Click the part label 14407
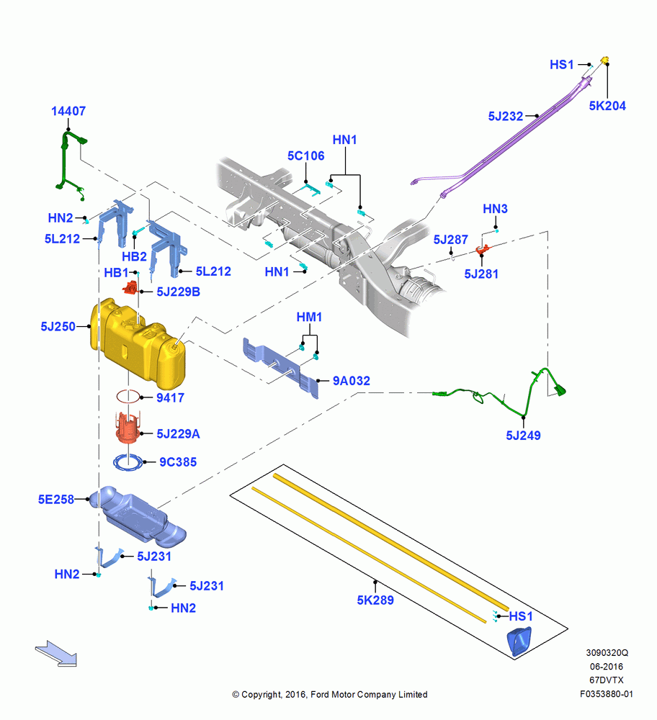(x=68, y=111)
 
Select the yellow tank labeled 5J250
(x=138, y=342)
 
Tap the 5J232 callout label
(x=506, y=116)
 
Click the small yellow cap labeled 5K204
(x=605, y=60)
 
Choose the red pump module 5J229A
(x=129, y=428)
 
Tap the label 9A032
(x=352, y=381)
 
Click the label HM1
(x=309, y=318)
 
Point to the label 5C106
(x=306, y=156)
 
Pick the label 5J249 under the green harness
(x=523, y=436)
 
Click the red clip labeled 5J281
(x=483, y=249)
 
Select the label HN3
(x=495, y=209)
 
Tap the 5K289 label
(x=375, y=600)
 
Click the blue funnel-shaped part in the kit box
(x=519, y=641)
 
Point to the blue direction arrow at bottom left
(x=56, y=654)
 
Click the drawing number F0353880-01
(x=607, y=694)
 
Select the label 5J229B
(x=178, y=292)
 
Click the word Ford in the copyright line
(x=320, y=695)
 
